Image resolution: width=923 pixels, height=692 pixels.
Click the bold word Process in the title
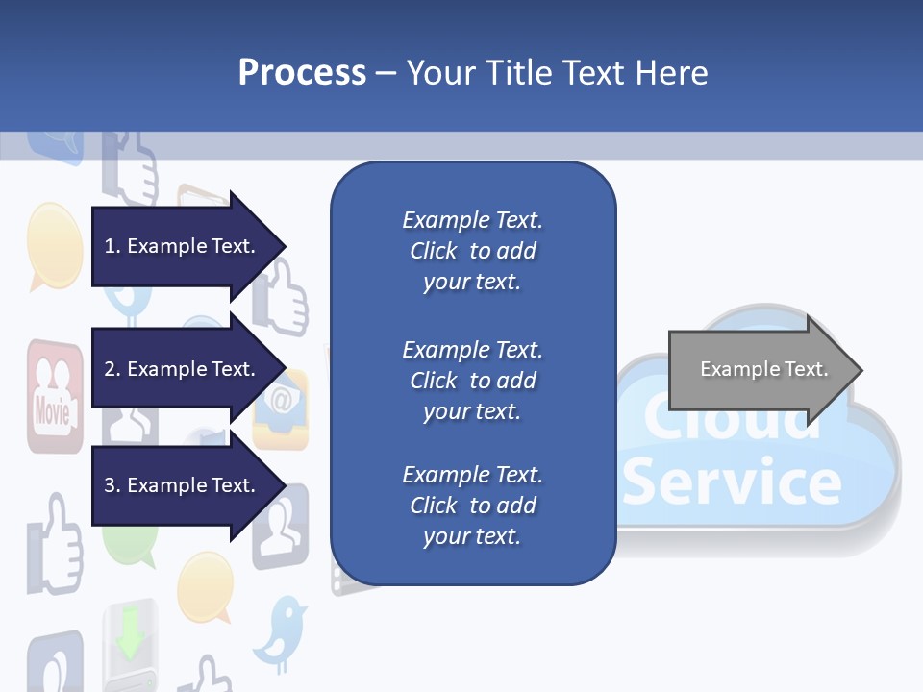(x=302, y=73)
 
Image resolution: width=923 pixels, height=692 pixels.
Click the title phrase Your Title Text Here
(x=557, y=73)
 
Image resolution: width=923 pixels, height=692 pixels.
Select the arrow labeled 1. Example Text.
(x=183, y=246)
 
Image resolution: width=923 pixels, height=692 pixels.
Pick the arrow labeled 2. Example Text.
(x=183, y=369)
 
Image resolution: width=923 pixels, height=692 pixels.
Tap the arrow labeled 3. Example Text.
(x=183, y=485)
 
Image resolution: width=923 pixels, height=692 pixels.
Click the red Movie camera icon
(x=53, y=395)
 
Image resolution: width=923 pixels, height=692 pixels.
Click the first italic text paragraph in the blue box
(x=472, y=251)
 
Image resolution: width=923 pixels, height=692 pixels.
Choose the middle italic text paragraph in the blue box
(x=472, y=381)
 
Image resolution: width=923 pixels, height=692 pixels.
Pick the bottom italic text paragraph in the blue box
(x=472, y=506)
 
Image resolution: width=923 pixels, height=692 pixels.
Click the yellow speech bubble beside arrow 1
(x=54, y=244)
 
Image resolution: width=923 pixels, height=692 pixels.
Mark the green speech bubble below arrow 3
(x=131, y=545)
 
